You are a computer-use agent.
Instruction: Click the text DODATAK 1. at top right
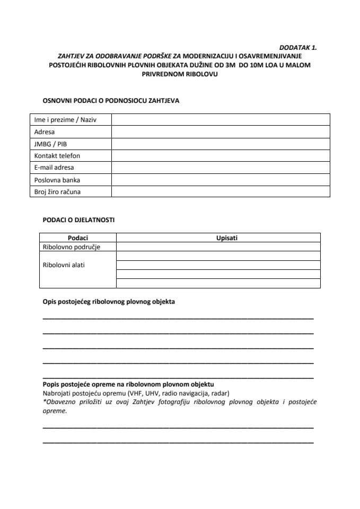(297, 47)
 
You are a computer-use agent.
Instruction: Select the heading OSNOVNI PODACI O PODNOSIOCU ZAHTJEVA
(111, 101)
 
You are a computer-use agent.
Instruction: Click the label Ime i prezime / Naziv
(66, 120)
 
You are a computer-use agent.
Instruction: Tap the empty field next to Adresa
(220, 132)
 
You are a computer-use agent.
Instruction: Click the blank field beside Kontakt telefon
(220, 156)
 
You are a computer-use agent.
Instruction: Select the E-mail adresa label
(54, 168)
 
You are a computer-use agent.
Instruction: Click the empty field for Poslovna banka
(220, 180)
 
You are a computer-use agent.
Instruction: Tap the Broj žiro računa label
(57, 191)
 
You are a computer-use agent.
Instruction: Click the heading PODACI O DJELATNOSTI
(78, 220)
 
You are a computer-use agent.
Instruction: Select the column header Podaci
(78, 238)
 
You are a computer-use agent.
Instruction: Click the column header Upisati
(227, 238)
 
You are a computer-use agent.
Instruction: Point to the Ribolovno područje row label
(72, 247)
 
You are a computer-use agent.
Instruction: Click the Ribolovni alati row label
(64, 265)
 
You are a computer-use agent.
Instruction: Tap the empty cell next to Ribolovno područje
(218, 247)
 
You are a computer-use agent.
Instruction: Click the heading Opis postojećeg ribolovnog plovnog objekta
(109, 302)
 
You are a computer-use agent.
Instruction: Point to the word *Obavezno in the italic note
(59, 402)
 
